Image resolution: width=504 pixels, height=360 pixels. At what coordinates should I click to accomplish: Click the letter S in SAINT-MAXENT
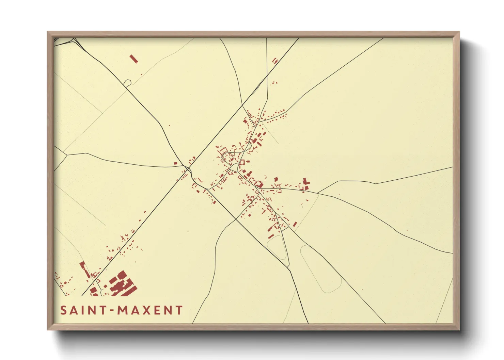pyautogui.click(x=64, y=310)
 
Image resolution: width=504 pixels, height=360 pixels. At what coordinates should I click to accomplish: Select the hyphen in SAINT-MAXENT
pyautogui.click(x=111, y=311)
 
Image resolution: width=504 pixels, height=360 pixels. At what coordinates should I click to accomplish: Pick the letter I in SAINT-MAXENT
pyautogui.click(x=81, y=310)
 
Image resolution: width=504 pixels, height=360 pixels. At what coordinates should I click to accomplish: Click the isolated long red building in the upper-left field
pyautogui.click(x=134, y=59)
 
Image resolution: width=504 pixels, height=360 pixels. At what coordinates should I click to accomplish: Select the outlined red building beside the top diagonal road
pyautogui.click(x=275, y=61)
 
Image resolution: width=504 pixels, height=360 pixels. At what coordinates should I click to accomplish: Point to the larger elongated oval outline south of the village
pyautogui.click(x=320, y=269)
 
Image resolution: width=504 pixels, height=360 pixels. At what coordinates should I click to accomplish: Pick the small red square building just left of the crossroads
pyautogui.click(x=176, y=163)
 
